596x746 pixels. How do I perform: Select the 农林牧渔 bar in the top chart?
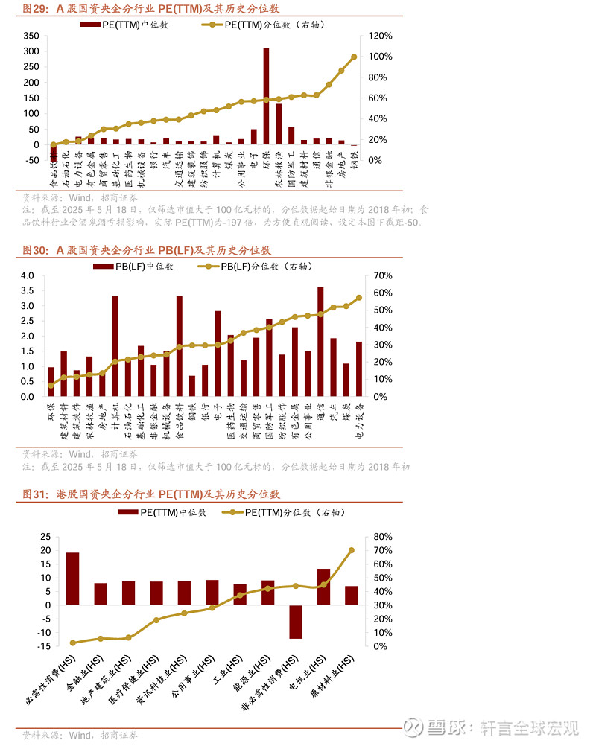pos(279,124)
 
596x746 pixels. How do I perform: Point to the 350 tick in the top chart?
pos(31,36)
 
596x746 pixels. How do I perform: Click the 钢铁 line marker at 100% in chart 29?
pos(354,57)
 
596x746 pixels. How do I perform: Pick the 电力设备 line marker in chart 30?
pos(359,297)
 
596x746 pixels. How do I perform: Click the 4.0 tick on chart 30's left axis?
pos(28,275)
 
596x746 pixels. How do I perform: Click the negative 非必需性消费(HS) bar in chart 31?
pos(296,622)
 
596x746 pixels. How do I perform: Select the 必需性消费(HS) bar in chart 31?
pos(73,578)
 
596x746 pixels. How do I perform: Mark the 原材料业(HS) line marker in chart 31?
pos(351,550)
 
